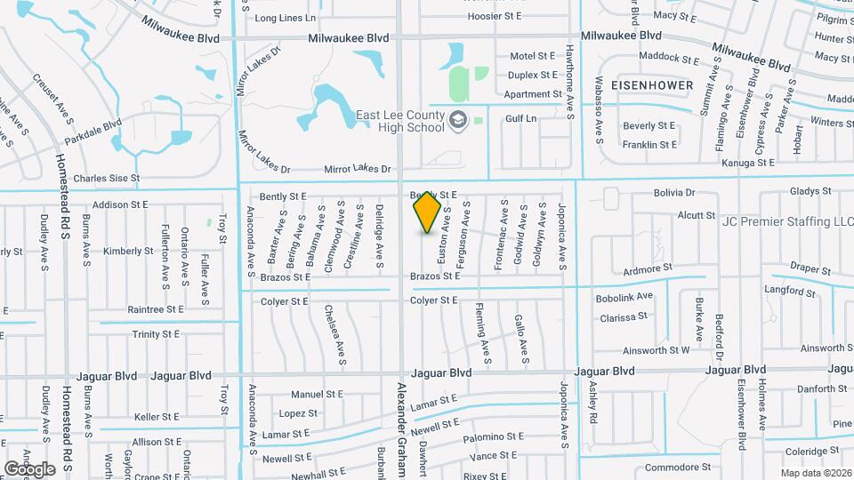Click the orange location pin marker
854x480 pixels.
[427, 212]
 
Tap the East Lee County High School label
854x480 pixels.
[399, 121]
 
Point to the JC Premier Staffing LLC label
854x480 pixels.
[787, 221]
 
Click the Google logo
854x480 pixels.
[29, 468]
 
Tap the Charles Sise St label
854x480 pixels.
[107, 178]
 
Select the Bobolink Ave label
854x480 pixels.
[624, 296]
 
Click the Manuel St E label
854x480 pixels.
[317, 395]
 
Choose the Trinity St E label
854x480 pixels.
[157, 334]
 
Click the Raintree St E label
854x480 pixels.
[156, 309]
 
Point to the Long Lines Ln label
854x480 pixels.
[285, 18]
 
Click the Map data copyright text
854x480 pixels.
[816, 473]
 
